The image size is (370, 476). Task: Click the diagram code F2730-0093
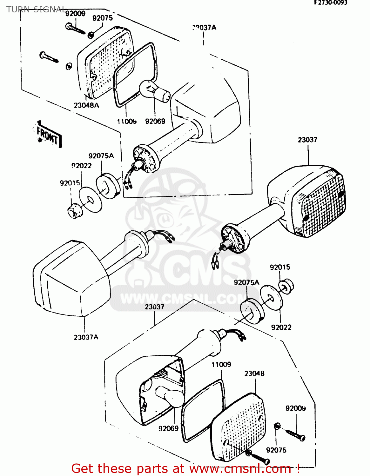pos(331,3)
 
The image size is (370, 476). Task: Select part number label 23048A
pos(86,105)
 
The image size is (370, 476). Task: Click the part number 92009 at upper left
pos(75,13)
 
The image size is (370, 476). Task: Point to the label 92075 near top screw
pos(102,18)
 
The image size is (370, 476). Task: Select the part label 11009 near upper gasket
pos(126,121)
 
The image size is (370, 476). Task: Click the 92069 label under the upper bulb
pos(155,121)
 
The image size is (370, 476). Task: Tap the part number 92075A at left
pos(101,156)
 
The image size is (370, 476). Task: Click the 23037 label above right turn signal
pos(307,140)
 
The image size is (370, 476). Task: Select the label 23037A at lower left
pos(86,337)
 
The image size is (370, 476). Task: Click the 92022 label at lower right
pos(281,327)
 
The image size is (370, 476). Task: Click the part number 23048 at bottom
pos(254,374)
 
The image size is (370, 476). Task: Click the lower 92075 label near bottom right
pos(276,450)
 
